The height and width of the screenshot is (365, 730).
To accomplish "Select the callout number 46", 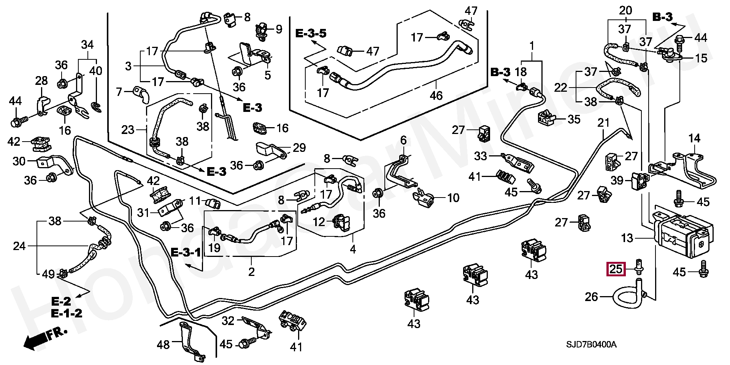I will tap(436, 95).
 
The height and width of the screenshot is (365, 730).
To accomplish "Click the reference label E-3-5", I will tap(311, 33).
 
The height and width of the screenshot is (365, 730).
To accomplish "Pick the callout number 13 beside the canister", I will tap(627, 239).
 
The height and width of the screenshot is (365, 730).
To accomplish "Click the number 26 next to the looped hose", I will tap(592, 296).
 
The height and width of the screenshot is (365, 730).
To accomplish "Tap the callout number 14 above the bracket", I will tap(694, 138).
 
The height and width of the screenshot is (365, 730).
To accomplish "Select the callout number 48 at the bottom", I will tap(164, 345).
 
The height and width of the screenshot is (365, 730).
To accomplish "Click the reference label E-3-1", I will tap(185, 252).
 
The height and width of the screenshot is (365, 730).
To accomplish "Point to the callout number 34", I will tap(87, 45).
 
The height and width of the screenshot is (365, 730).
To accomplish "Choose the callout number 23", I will tap(128, 130).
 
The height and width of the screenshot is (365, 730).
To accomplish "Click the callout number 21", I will tap(603, 123).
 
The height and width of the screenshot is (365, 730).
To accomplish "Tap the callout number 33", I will tap(481, 156).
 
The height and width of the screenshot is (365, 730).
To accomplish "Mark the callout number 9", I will tap(279, 29).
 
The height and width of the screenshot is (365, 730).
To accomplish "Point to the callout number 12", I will tap(319, 221).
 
